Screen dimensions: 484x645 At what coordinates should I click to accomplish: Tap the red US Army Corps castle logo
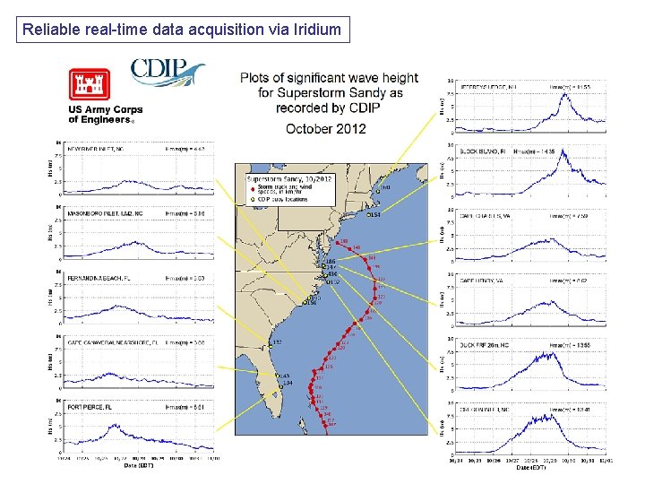click(x=90, y=86)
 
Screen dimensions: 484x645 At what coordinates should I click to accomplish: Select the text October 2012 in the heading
click(x=326, y=128)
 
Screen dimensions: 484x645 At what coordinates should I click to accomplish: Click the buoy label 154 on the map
click(x=374, y=215)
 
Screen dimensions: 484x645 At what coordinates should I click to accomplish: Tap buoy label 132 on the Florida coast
click(x=277, y=342)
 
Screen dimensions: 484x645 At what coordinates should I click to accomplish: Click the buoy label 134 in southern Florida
click(x=288, y=384)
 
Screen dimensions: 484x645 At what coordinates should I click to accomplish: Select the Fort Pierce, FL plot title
click(x=89, y=408)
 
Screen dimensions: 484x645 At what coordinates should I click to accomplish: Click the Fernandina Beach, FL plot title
click(x=98, y=279)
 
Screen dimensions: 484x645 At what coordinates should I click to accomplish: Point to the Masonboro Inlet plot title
click(x=104, y=213)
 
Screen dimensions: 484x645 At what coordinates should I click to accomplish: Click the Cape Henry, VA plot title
click(x=485, y=280)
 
